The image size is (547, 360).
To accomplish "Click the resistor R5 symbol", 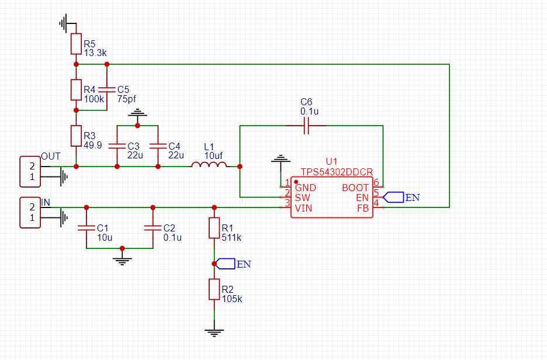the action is click(x=76, y=44).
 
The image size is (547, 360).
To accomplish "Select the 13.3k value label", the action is click(x=95, y=53).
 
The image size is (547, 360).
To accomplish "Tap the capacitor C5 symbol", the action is click(x=107, y=89).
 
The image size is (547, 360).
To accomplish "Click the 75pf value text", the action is click(x=127, y=99).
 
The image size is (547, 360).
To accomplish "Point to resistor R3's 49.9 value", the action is click(x=93, y=145).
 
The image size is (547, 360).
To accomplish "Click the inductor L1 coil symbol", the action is click(x=209, y=165).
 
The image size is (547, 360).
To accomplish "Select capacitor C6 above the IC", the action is click(x=306, y=126).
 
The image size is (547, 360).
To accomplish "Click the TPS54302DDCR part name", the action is click(x=337, y=172).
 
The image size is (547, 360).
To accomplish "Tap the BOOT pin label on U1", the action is click(x=355, y=188).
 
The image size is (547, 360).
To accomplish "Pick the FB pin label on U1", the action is click(x=363, y=208).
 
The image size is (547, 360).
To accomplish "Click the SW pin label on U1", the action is click(x=303, y=198).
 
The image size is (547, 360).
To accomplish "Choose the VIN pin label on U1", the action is click(x=303, y=208).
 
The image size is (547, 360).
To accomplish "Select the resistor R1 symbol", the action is click(x=214, y=228).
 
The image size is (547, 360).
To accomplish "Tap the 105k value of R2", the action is click(x=232, y=299).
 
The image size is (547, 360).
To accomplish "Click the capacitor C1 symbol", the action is click(x=86, y=228).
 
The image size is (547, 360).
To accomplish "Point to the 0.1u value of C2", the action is click(x=172, y=237).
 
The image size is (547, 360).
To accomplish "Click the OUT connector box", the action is click(x=30, y=172).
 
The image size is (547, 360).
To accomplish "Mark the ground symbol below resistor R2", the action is click(x=214, y=333).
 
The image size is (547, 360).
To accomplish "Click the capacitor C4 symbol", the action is click(x=158, y=146).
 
